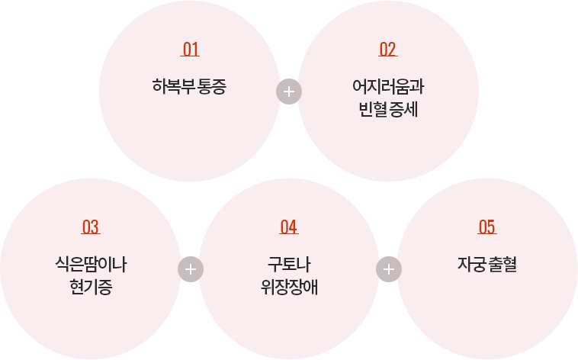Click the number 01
[x=191, y=50]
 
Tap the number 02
[x=388, y=50]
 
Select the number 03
[x=91, y=227]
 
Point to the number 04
[x=288, y=227]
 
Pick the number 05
[x=486, y=227]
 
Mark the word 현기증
[x=91, y=288]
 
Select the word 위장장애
[x=288, y=288]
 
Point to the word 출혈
[x=503, y=265]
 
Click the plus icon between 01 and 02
[x=289, y=92]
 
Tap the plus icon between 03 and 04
[x=190, y=269]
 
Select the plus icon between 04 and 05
[x=388, y=269]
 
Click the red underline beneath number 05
[x=486, y=234]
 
